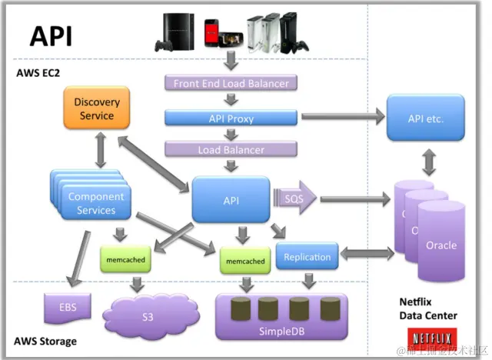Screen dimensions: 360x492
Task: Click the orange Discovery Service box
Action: click(x=97, y=108)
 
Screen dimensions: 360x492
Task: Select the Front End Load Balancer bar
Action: click(x=231, y=83)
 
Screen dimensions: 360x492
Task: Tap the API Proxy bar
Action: click(x=231, y=118)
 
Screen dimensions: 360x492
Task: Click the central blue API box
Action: click(x=231, y=200)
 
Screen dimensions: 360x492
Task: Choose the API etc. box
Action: click(x=425, y=119)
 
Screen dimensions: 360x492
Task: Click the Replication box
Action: click(x=307, y=257)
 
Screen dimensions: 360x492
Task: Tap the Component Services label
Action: click(x=96, y=203)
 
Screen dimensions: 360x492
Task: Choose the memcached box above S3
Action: click(x=123, y=259)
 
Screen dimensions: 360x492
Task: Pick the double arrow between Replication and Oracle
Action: click(x=364, y=252)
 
